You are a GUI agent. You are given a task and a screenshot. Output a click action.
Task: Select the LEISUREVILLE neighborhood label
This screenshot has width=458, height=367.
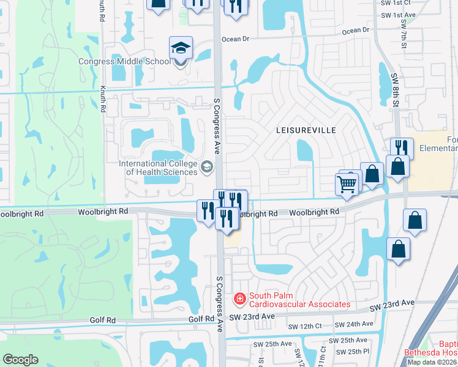(306, 130)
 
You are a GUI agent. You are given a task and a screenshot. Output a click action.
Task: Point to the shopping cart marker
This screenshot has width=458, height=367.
(347, 183)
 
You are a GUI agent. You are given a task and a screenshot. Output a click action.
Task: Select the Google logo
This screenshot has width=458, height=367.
(21, 360)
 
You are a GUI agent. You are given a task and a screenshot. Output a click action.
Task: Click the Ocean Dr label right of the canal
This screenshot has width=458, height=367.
(356, 29)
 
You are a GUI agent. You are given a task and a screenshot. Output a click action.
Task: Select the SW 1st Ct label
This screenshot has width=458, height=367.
(395, 3)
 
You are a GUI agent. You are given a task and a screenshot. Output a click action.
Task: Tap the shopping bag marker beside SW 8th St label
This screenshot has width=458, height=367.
(397, 166)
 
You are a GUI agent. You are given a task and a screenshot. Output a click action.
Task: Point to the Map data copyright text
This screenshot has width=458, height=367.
(432, 362)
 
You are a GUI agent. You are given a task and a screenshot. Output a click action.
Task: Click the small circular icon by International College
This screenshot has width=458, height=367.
(207, 166)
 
